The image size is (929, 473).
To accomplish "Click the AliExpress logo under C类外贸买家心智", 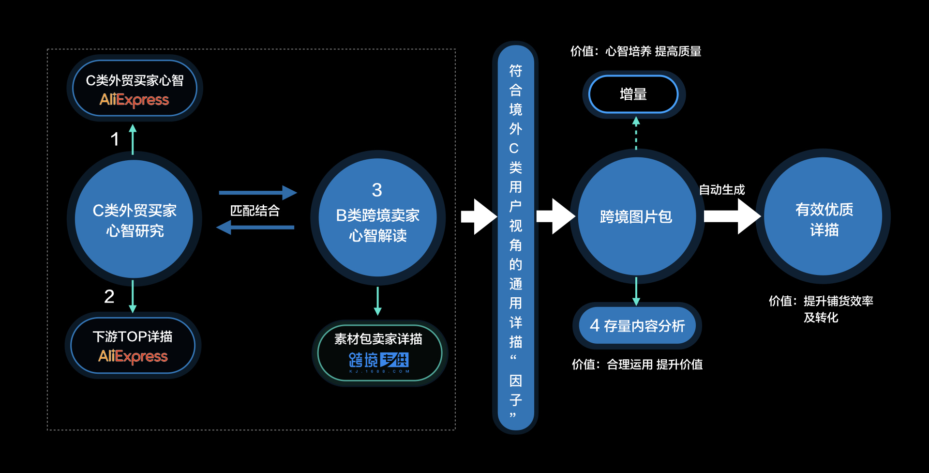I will [134, 100].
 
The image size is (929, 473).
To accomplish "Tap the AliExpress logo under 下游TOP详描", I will [133, 356].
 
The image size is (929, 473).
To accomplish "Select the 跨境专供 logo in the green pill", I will [379, 361].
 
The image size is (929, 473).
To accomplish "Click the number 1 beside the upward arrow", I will [115, 139].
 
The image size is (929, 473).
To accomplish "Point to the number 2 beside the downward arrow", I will [109, 296].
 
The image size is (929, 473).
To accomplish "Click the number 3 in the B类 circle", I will [377, 190].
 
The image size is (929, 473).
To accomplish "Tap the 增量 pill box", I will [633, 94].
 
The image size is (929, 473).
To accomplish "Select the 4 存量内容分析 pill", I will [637, 325].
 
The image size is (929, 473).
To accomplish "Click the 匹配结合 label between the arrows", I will [255, 211].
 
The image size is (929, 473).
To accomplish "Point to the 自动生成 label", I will [722, 190].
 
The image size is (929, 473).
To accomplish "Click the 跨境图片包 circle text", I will [636, 216].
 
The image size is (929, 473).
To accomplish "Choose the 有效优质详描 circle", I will [824, 219].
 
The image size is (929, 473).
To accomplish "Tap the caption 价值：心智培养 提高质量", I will [636, 51].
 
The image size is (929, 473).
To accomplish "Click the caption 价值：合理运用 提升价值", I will [637, 364].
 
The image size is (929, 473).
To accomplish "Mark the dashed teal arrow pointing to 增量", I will [636, 133].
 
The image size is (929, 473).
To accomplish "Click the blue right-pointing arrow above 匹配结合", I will [257, 193].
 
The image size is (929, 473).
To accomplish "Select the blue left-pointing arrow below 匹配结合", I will [255, 227].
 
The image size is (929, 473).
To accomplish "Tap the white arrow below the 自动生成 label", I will [732, 216].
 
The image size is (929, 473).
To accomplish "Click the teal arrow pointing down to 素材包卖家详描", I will [378, 301].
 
